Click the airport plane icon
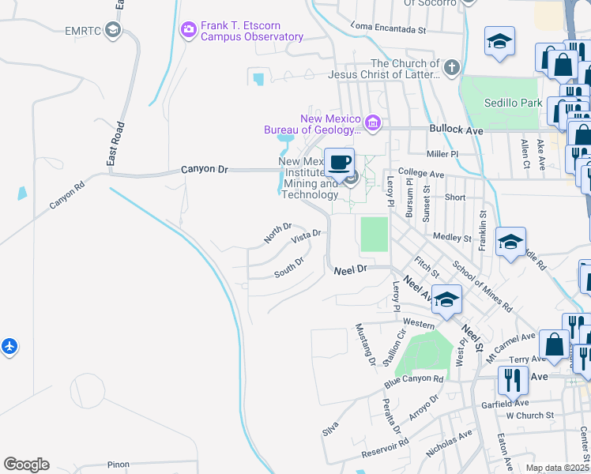(9, 346)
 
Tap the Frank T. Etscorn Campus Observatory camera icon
(188, 30)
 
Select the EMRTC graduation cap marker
(113, 30)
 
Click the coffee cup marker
(339, 163)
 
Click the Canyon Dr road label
(204, 169)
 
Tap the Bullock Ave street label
(456, 128)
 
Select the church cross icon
(452, 66)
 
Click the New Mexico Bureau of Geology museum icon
(373, 122)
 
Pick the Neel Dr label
(351, 269)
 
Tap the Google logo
(26, 465)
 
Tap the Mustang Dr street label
(366, 346)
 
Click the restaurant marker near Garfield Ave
(512, 381)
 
